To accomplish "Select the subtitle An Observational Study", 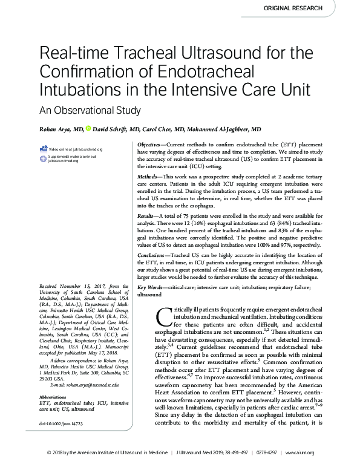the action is [90, 110].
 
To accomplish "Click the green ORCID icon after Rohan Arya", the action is [88, 128].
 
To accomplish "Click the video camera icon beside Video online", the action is [43, 148].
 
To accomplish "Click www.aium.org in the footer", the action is [332, 468].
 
